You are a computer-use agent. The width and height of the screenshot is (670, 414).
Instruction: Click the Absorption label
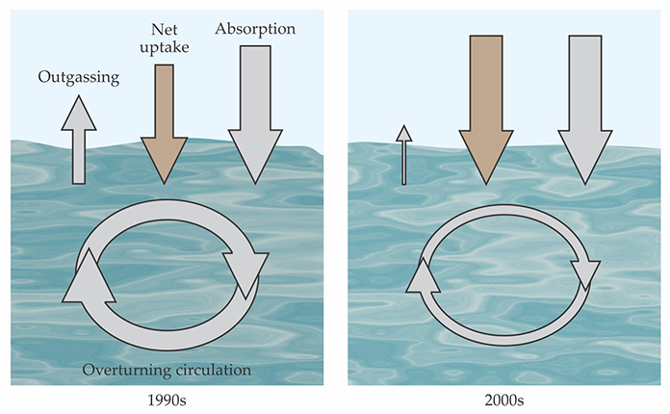click(255, 29)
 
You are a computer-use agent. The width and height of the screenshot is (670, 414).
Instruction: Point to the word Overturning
click(129, 370)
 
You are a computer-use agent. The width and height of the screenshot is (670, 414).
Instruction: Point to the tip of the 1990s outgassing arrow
click(79, 99)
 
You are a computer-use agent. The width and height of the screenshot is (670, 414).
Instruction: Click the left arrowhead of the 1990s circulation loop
click(87, 273)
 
